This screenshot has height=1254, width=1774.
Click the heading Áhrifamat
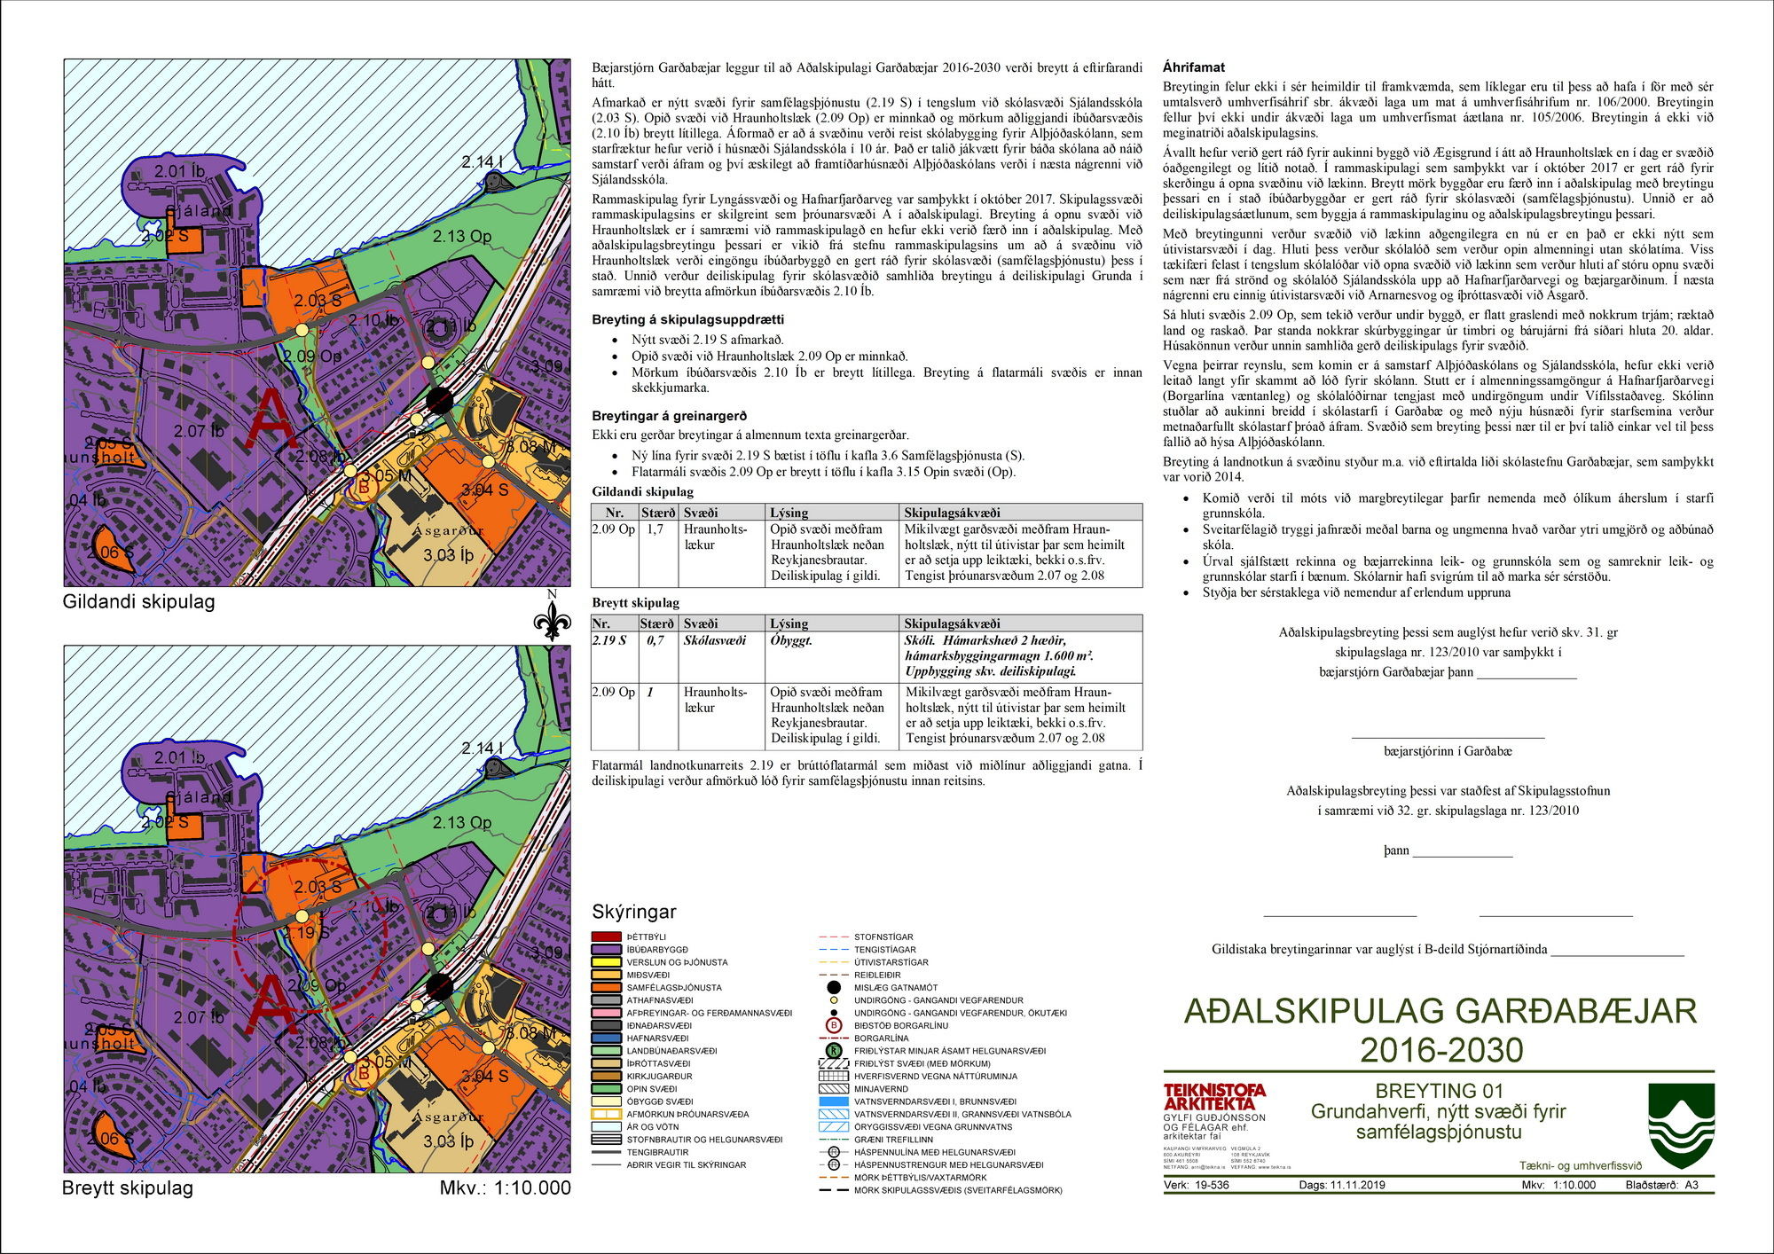click(1193, 67)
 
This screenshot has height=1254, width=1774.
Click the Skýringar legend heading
click(633, 912)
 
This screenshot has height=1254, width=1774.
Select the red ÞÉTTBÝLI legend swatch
click(606, 937)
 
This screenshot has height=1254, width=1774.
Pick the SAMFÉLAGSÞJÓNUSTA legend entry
click(674, 987)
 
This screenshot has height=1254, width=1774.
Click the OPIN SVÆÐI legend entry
click(651, 1088)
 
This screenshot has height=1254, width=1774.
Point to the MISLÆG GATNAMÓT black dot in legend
click(833, 987)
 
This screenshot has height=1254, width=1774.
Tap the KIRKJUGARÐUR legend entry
click(659, 1076)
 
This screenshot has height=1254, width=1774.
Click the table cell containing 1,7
click(655, 529)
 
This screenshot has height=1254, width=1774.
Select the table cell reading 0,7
click(655, 640)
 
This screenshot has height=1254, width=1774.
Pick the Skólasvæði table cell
click(714, 640)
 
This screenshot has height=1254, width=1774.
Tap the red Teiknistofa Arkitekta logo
click(1214, 1096)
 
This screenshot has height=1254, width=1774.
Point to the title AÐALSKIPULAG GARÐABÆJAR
click(1440, 1011)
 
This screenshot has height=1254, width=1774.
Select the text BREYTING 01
click(1439, 1091)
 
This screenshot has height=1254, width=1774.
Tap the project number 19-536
click(1211, 1185)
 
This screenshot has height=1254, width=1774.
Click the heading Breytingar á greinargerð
click(669, 415)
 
